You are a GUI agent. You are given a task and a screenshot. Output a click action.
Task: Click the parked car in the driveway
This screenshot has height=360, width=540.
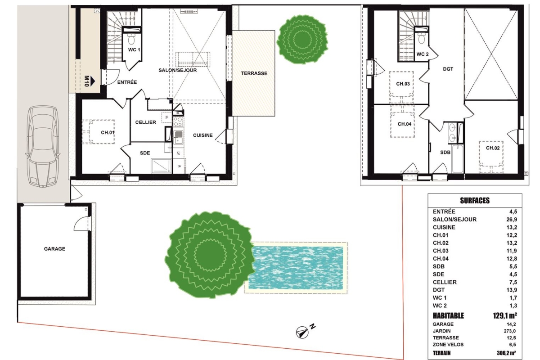[43, 146]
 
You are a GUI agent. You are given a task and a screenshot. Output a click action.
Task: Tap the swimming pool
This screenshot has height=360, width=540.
[296, 268]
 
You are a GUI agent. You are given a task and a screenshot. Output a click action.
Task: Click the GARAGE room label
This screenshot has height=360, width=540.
[54, 249]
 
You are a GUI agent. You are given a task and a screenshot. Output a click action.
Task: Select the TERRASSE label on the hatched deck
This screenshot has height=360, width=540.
[254, 73]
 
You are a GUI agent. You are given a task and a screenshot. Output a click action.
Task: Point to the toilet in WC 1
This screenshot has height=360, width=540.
[131, 39]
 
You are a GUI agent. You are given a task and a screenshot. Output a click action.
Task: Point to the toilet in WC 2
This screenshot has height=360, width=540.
[421, 38]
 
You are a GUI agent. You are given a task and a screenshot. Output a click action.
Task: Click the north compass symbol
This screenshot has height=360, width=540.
[302, 333]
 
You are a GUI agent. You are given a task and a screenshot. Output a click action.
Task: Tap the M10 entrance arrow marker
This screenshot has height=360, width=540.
[90, 81]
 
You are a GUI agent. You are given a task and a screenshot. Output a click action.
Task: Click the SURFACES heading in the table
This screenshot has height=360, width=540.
[475, 201]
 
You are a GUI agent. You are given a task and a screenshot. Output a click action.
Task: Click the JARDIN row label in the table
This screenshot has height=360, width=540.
[441, 331]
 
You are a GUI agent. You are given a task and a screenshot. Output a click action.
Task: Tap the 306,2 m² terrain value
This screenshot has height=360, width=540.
[506, 353]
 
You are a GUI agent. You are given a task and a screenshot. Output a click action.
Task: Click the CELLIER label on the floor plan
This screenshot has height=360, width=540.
[146, 122]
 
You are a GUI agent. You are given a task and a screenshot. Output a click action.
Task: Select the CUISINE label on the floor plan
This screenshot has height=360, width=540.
[203, 135]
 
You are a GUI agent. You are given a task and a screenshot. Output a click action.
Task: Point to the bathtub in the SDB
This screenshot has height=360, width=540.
[458, 159]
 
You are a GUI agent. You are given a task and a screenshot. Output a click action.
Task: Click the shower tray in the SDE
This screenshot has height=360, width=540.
[161, 166]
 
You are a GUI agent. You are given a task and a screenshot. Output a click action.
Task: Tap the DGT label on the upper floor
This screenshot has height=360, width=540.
[448, 69]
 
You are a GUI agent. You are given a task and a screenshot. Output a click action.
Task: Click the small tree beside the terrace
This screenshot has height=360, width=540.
[302, 39]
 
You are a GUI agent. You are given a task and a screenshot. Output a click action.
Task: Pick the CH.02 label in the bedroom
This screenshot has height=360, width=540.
[493, 148]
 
